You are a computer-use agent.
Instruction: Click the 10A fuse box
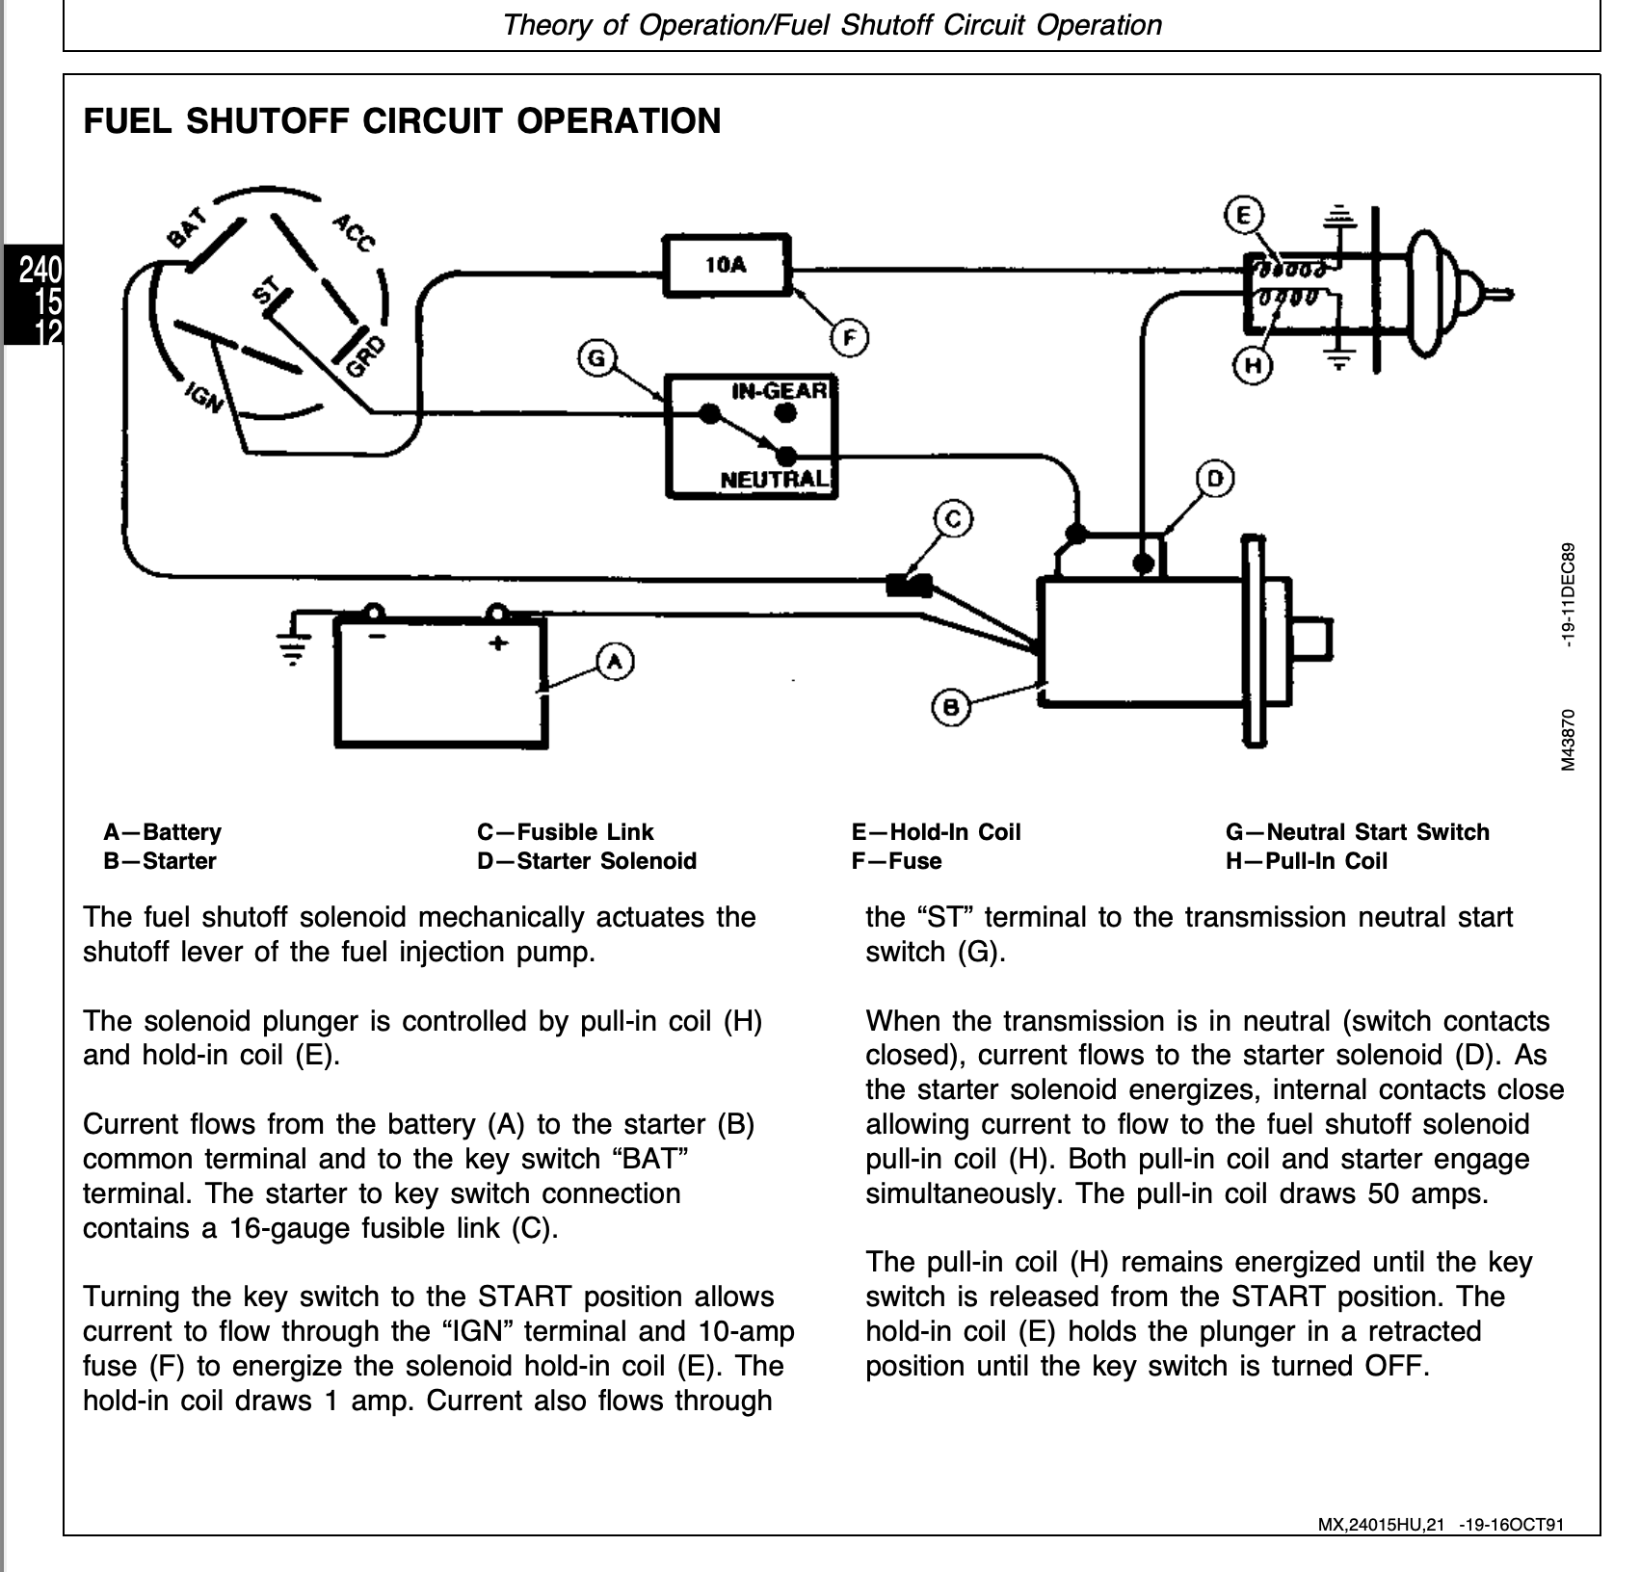(727, 264)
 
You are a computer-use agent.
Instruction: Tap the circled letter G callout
(596, 359)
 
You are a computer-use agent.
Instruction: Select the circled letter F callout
(849, 338)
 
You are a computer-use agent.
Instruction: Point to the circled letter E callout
(1244, 216)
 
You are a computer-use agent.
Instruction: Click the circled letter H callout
(1253, 365)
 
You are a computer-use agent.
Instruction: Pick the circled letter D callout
(1215, 479)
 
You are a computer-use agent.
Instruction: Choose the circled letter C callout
(954, 520)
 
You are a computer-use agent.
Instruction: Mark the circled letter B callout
(951, 708)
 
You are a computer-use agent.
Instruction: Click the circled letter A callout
(615, 662)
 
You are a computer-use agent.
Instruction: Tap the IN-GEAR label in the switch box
(780, 391)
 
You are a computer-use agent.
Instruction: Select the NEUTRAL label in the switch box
(774, 479)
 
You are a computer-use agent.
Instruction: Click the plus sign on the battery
(498, 642)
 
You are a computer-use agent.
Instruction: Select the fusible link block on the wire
(908, 585)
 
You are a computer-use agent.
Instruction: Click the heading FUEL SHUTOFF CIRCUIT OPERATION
(402, 121)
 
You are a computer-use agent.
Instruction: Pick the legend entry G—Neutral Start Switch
(1357, 832)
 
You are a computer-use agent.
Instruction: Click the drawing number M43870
(1569, 740)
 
